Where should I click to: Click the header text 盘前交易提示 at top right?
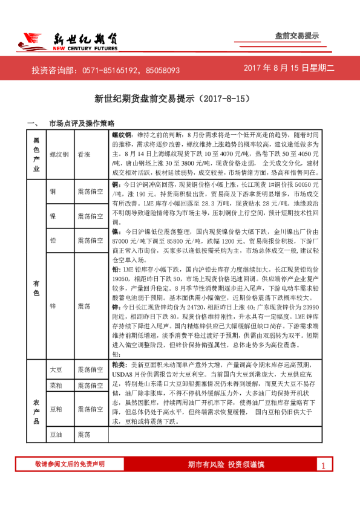pos(296,36)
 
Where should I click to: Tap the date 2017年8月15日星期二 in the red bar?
pos(289,70)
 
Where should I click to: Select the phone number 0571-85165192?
pos(110,70)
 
